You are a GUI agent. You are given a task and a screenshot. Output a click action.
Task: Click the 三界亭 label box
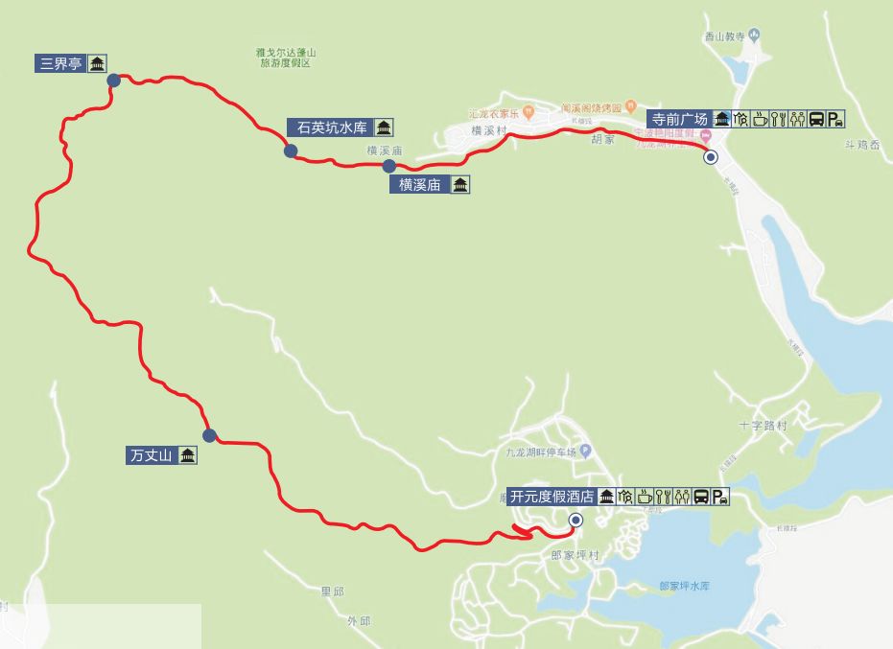pos(59,65)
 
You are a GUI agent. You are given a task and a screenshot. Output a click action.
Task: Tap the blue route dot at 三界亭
pos(114,81)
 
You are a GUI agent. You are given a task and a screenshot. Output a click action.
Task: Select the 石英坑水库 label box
pos(331,127)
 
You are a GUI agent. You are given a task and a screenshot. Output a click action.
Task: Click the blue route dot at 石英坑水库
pos(290,151)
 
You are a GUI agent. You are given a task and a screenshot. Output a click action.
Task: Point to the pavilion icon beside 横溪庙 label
pos(460,185)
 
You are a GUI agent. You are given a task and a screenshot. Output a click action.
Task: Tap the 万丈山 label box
pos(150,455)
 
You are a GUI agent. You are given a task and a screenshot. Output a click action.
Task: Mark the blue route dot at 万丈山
pos(210,435)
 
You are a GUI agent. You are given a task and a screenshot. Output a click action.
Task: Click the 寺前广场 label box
pos(679,119)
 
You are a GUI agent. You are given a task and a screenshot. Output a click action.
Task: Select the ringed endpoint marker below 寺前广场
pos(710,158)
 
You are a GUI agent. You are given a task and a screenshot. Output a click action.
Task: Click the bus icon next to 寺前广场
pos(816,119)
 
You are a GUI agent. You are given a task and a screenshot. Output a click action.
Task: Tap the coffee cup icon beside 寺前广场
pos(759,119)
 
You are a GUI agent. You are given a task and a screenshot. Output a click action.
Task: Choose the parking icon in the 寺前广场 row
pos(836,119)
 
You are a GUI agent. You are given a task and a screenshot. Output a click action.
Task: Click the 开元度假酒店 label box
pos(552,497)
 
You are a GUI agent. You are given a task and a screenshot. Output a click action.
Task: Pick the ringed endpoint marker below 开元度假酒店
pos(575,521)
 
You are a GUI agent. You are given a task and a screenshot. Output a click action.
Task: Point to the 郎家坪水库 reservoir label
pos(690,586)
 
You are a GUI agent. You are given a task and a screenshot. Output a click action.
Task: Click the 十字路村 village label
pos(763,424)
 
